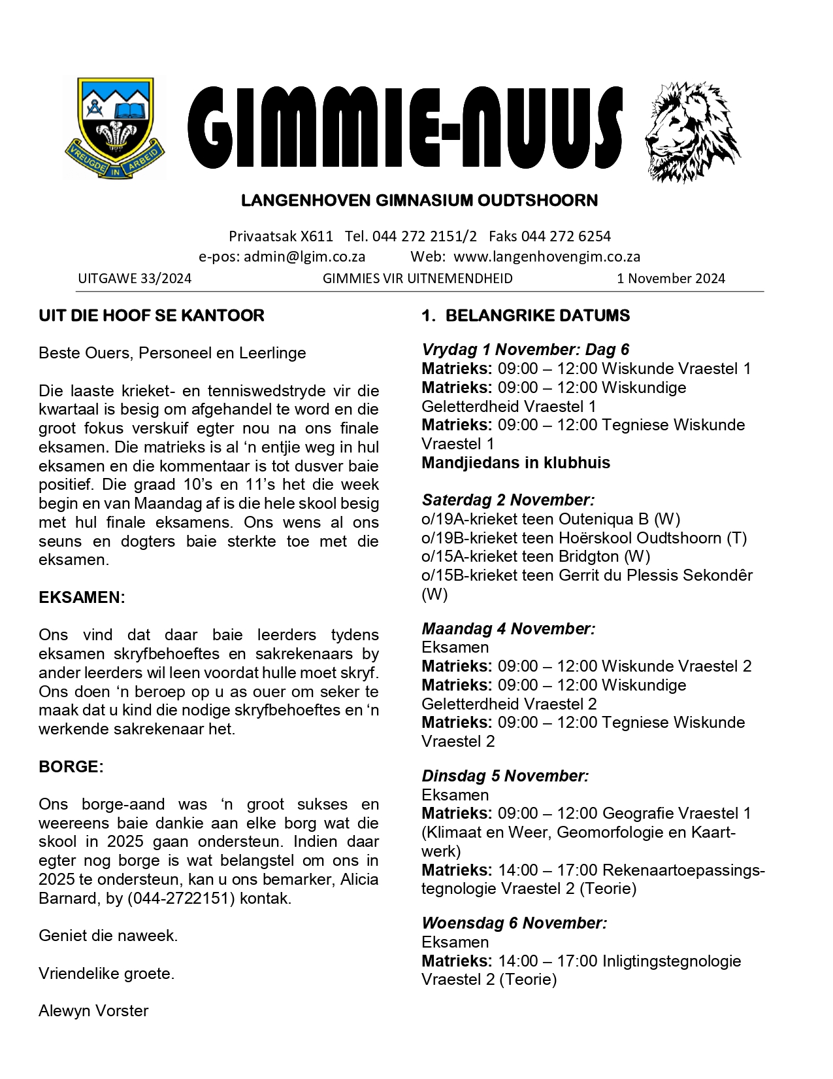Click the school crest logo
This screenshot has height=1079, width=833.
pos(114,128)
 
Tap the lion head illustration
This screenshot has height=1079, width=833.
pos(691,131)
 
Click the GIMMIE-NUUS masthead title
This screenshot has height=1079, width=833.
pos(405,128)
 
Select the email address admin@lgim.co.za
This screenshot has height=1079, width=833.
pos(304,256)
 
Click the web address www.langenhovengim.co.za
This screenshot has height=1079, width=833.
pos(547,256)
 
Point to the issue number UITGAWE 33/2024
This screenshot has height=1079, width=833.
pos(135,279)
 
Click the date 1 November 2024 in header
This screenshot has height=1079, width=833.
pos(671,279)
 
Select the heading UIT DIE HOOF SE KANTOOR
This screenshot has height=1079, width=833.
pos(152,316)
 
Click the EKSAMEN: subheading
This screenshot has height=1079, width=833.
pos(82,598)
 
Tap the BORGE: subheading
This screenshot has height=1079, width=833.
pos(71,767)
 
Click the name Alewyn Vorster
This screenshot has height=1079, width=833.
pos(93,1011)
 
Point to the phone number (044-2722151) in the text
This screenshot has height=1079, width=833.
pos(181,899)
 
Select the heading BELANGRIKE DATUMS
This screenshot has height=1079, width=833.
pos(537,316)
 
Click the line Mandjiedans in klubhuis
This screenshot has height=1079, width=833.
pos(515,463)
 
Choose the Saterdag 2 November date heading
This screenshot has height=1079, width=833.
pos(508,500)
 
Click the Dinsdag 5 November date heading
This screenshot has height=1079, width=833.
pos(505,776)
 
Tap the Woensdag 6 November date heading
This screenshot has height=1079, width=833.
pos(514,923)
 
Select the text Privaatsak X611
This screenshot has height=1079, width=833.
pos(281,236)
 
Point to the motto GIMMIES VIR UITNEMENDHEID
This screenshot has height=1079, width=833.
pos(417,279)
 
